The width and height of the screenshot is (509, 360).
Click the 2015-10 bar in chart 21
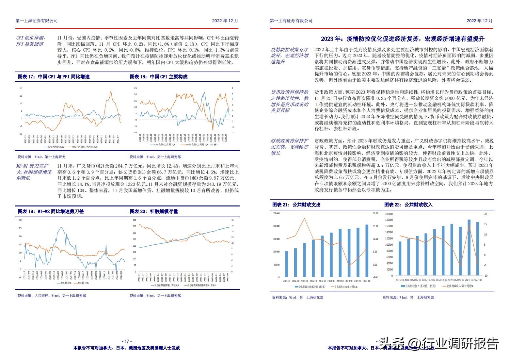[x=304, y=260]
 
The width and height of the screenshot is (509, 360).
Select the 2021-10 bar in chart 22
[x=469, y=248]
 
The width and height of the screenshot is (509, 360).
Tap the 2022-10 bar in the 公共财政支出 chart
[x=367, y=251]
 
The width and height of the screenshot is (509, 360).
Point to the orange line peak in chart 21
[x=305, y=218]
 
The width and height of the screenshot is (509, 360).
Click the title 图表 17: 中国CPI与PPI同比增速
[x=54, y=77]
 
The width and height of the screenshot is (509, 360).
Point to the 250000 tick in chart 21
[x=276, y=213]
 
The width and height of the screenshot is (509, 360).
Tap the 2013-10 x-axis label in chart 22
[x=400, y=280]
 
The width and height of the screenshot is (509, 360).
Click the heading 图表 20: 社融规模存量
[x=154, y=211]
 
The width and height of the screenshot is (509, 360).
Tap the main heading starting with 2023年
[x=403, y=39]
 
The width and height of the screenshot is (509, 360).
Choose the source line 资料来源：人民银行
[x=52, y=296]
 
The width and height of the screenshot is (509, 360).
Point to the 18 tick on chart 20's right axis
[x=232, y=220]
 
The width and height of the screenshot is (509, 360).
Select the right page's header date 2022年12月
[x=479, y=21]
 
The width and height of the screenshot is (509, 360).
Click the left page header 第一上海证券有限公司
[x=37, y=21]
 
